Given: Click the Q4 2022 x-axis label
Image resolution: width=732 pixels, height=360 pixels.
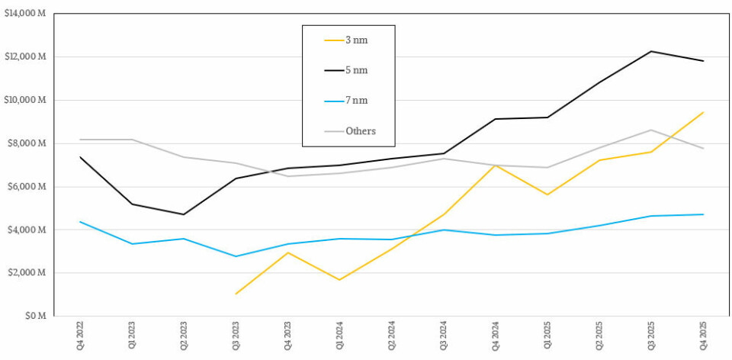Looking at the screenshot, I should (x=79, y=336).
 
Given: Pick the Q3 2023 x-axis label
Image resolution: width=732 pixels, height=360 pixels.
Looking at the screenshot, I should (x=236, y=336).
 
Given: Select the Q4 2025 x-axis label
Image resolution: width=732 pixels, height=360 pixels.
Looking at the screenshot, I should (x=703, y=336).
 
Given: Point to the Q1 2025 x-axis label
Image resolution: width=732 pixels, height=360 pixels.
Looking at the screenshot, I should (x=547, y=336).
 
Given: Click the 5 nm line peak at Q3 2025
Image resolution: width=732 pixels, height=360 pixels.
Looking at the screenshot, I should (x=650, y=51).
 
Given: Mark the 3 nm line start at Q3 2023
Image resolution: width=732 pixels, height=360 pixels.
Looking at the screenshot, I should (x=236, y=294).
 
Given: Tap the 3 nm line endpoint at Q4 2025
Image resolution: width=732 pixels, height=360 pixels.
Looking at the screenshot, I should (x=703, y=112).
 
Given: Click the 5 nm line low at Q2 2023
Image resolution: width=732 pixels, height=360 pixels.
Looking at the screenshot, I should (x=183, y=214).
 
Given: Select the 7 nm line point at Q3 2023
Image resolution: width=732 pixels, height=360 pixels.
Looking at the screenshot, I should (x=236, y=256).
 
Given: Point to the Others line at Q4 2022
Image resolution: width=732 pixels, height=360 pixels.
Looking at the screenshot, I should (x=79, y=140).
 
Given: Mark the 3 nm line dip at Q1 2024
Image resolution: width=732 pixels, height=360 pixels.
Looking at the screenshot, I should (x=339, y=280).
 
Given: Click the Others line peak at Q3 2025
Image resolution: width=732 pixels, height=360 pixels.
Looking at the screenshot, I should (x=650, y=130).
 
